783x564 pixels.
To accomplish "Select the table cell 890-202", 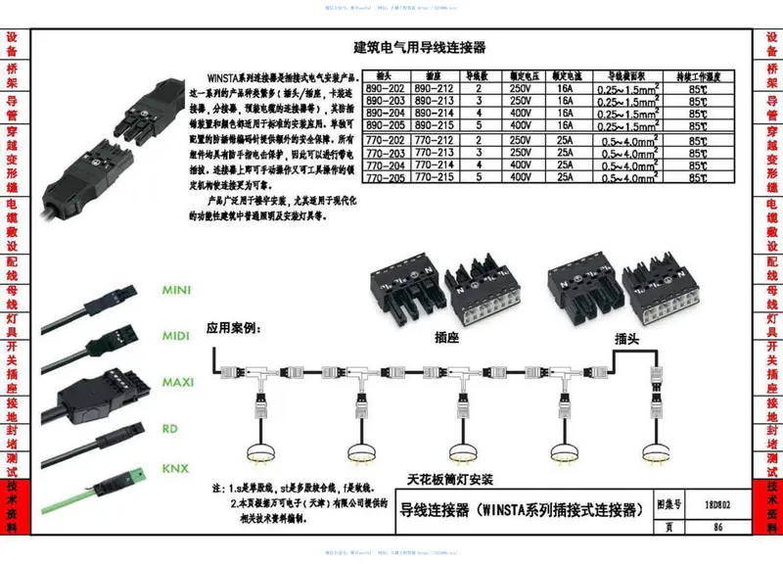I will coord(386,87).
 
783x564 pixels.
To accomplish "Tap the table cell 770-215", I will coord(433,178).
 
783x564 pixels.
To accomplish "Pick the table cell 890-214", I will coord(433,113).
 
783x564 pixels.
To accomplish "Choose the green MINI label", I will coord(176,291).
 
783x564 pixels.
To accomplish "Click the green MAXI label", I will coord(177,382).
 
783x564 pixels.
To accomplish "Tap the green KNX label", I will coord(175,468).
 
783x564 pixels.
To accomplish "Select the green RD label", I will coord(169,428).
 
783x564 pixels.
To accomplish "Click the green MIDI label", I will coord(176,336).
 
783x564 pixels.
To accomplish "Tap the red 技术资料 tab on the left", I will coord(12,509).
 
